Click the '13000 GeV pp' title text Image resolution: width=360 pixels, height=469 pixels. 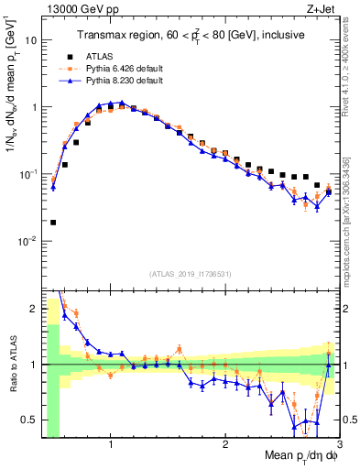[x=76, y=9]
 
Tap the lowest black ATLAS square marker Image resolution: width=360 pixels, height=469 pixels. [x=53, y=222]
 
